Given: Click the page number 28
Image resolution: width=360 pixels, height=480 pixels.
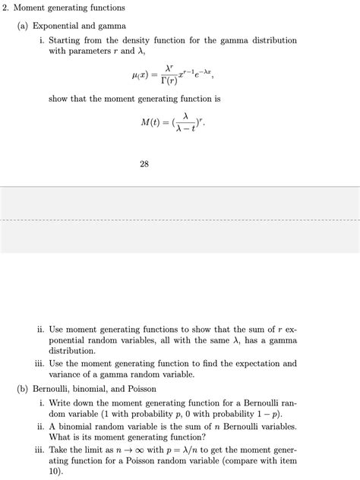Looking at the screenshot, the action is pyautogui.click(x=144, y=163).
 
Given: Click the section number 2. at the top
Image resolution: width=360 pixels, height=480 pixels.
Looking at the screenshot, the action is pyautogui.click(x=8, y=8).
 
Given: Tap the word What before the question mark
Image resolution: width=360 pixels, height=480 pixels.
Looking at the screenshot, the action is pyautogui.click(x=62, y=437).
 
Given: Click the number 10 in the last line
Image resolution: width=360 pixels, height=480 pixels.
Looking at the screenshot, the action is pyautogui.click(x=55, y=471).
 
